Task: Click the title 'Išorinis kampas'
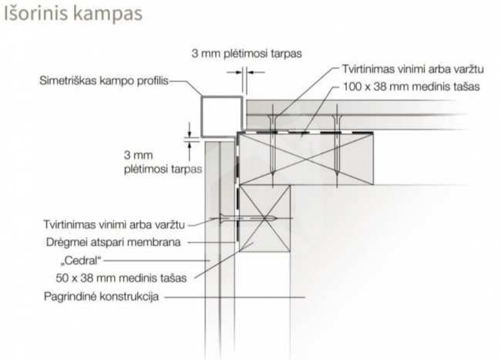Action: point(73,14)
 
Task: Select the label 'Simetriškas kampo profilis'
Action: point(104,81)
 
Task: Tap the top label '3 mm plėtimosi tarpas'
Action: point(247,53)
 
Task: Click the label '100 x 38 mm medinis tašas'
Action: point(412,86)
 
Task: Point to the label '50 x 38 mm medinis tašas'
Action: point(121,278)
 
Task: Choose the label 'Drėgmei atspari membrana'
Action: point(113,242)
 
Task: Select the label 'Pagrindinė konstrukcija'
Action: point(101,297)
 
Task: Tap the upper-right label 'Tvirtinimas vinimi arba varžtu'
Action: point(413,69)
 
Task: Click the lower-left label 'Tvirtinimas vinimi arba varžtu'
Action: point(114,224)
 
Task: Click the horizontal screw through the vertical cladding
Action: point(247,218)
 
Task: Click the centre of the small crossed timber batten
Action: point(265,218)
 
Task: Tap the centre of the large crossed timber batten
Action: point(306,159)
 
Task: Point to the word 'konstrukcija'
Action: point(129,297)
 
